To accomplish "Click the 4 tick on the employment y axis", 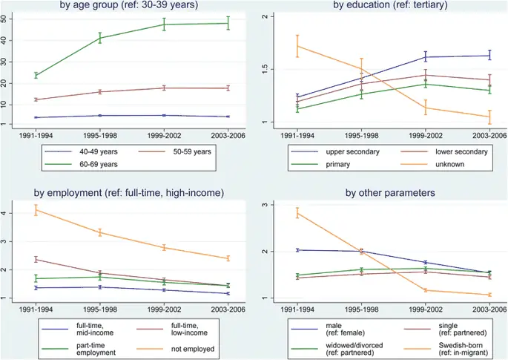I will tap(6, 214).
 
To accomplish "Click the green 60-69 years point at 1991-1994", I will tap(36, 75).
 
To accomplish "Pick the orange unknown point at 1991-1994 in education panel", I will tap(297, 46).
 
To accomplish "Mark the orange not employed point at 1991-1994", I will tap(36, 210).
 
